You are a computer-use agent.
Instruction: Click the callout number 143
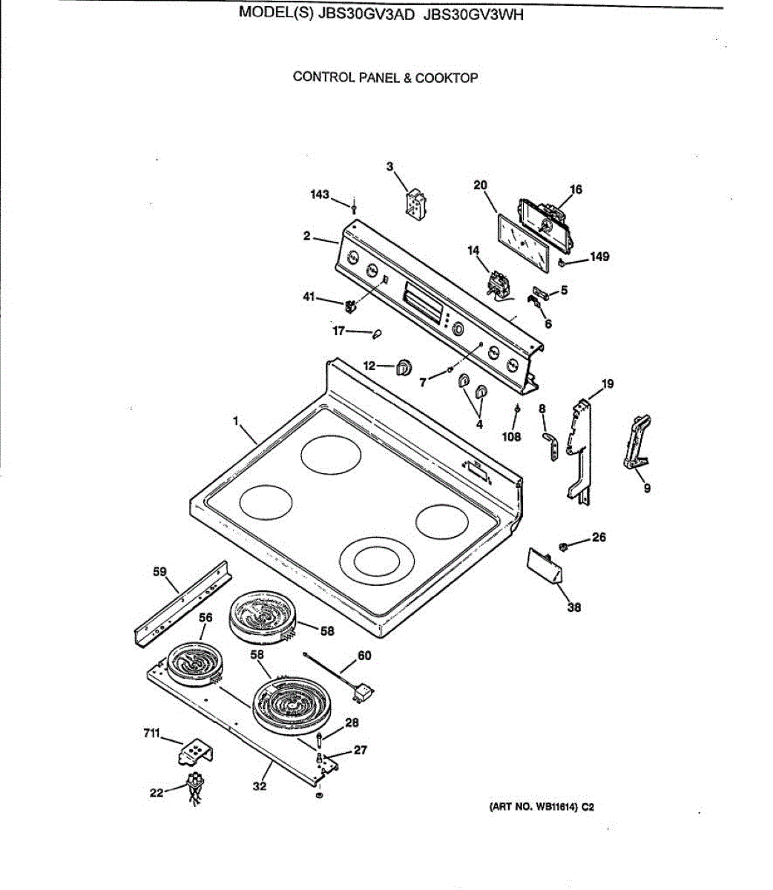(x=320, y=194)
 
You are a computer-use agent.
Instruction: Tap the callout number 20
(x=480, y=185)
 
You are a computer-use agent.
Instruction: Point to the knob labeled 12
(x=404, y=366)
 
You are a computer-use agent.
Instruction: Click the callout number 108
(x=512, y=437)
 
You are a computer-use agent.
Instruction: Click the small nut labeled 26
(x=563, y=547)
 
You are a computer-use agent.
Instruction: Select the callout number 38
(x=574, y=607)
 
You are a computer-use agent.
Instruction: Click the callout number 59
(x=159, y=572)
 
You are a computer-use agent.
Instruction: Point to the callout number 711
(x=152, y=733)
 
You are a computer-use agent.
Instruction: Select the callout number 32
(x=259, y=786)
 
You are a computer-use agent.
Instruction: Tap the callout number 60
(x=364, y=656)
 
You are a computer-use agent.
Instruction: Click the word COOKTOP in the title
(x=446, y=77)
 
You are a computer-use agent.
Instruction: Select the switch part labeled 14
(x=496, y=284)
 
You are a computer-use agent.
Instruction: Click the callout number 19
(x=608, y=383)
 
